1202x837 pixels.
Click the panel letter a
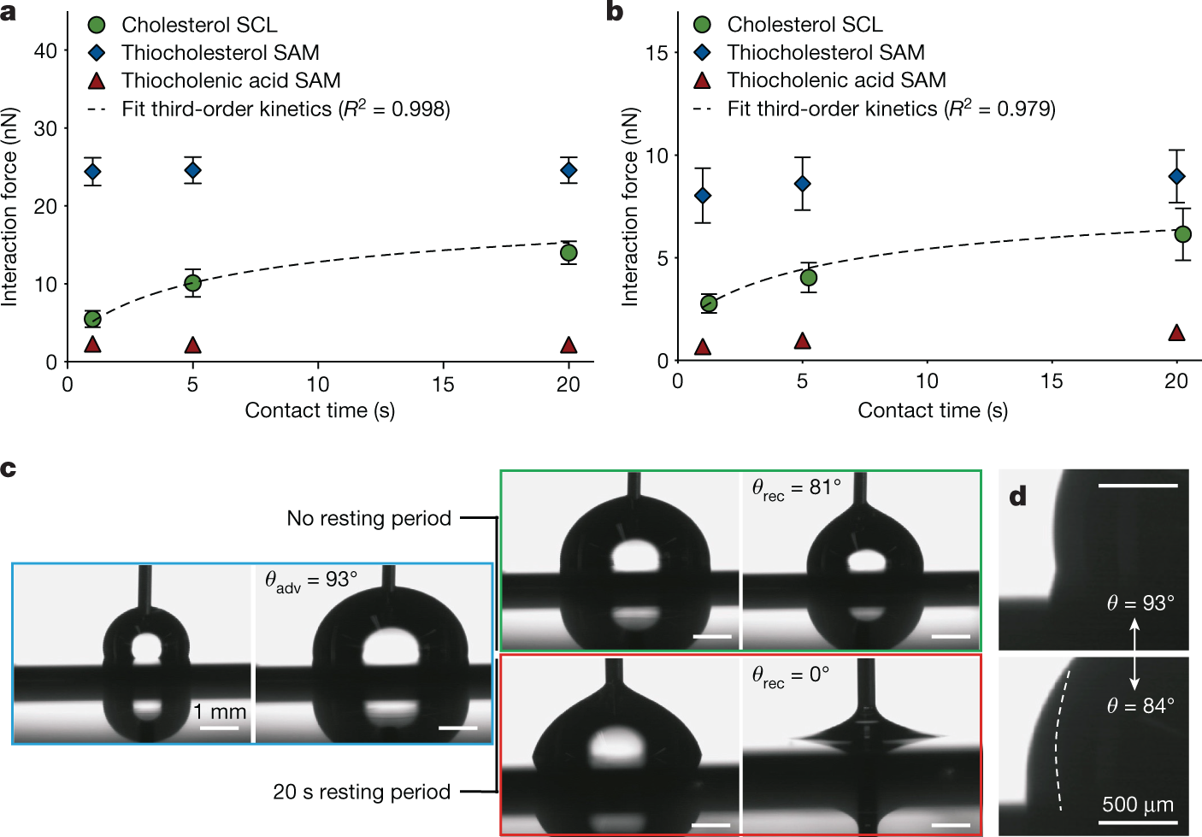pos(9,13)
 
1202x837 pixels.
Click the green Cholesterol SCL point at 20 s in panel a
pos(569,253)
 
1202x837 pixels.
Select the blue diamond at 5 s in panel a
pos(193,170)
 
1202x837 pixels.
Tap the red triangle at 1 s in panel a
pos(92,345)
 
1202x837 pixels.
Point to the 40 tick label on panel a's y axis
pos(45,50)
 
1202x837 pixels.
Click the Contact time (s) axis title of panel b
pos(933,410)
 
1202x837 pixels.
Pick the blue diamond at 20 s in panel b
pos(1176,176)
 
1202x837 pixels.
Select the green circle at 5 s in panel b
pos(808,278)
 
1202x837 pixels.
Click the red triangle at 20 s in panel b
pos(1176,333)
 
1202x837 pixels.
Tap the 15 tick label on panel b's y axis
pos(657,53)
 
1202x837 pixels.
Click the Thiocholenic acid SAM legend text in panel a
pos(231,80)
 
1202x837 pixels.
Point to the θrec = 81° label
pos(796,488)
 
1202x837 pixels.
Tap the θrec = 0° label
pos(790,675)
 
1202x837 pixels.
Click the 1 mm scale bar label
pos(219,711)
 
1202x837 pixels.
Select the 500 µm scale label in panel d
pos(1137,805)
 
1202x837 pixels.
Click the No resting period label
pos(368,518)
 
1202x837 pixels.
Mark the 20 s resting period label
pos(362,792)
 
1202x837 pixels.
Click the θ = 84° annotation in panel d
pos(1140,706)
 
